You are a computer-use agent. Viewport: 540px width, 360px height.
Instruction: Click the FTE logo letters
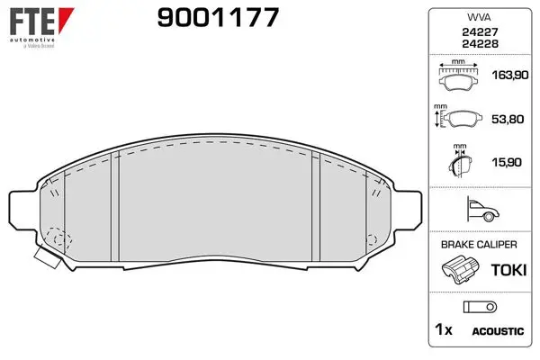32,22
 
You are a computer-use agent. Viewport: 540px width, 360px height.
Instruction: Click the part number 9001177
218,17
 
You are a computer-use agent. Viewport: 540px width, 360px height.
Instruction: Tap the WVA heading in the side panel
479,17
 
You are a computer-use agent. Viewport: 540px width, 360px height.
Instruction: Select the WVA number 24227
480,32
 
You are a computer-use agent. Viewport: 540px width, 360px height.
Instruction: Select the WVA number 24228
480,44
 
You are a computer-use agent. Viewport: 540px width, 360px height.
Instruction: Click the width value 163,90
510,75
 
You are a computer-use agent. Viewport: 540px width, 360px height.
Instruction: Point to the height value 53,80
508,119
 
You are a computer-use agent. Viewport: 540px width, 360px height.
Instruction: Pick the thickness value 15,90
507,162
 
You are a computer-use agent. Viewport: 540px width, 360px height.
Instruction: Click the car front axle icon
483,209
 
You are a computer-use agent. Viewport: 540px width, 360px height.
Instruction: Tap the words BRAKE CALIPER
479,245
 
